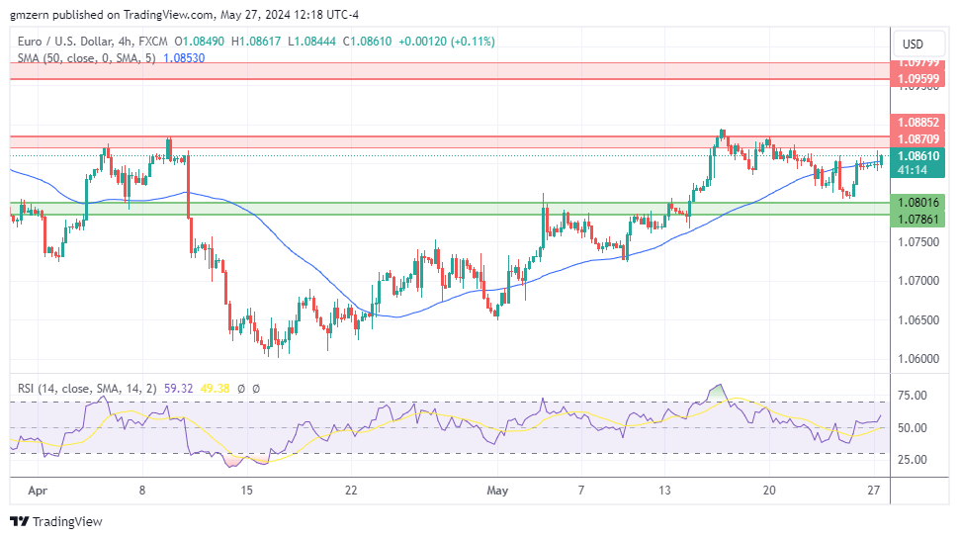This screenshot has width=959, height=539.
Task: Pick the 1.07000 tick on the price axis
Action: click(918, 280)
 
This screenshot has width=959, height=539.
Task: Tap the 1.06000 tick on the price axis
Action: click(918, 359)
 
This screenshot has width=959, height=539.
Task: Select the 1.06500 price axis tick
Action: click(918, 319)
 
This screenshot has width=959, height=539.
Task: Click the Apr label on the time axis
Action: click(38, 490)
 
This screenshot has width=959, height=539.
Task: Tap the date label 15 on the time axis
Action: click(246, 490)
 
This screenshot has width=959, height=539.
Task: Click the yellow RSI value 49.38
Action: click(215, 389)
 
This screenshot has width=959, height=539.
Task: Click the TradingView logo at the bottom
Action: click(56, 521)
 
